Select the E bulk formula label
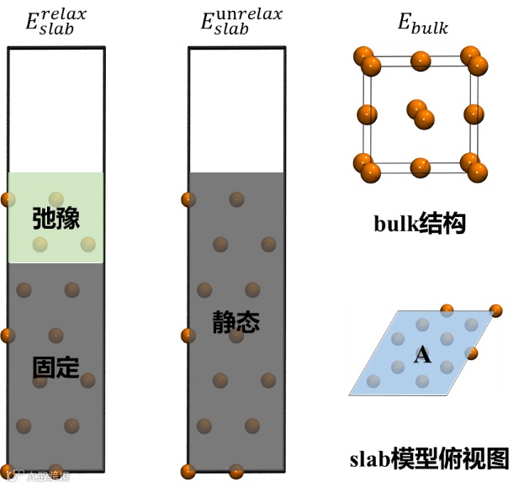pyautogui.click(x=422, y=24)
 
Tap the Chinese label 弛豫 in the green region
pyautogui.click(x=56, y=219)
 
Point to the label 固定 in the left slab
pyautogui.click(x=56, y=367)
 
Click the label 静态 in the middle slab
pyautogui.click(x=236, y=321)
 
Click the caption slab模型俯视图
pyautogui.click(x=429, y=458)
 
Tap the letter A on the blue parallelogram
pyautogui.click(x=422, y=355)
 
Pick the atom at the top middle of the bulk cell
pyautogui.click(x=420, y=60)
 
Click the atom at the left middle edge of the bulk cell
pyautogui.click(x=368, y=114)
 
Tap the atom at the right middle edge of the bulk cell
pyautogui.click(x=474, y=114)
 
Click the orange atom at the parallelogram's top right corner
pyautogui.click(x=496, y=311)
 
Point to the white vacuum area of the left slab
pyautogui.click(x=56, y=109)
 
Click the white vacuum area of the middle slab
pyautogui.click(x=236, y=109)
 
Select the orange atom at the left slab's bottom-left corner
pyautogui.click(x=7, y=471)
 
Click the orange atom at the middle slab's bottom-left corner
pyautogui.click(x=188, y=471)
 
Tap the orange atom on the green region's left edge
pyautogui.click(x=8, y=199)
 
